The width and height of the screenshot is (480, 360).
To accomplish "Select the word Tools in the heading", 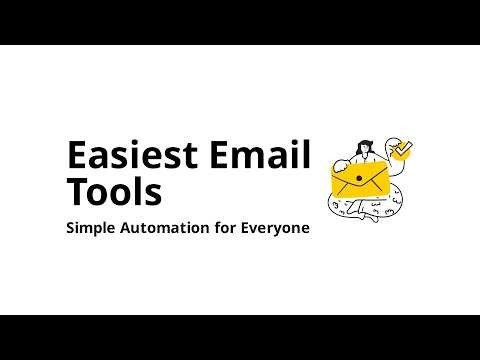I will (113, 191).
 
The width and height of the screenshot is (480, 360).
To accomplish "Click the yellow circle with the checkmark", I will (403, 151).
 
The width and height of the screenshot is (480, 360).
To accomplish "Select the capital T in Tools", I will (77, 191).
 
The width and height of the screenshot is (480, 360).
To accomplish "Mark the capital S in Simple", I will (70, 228).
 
